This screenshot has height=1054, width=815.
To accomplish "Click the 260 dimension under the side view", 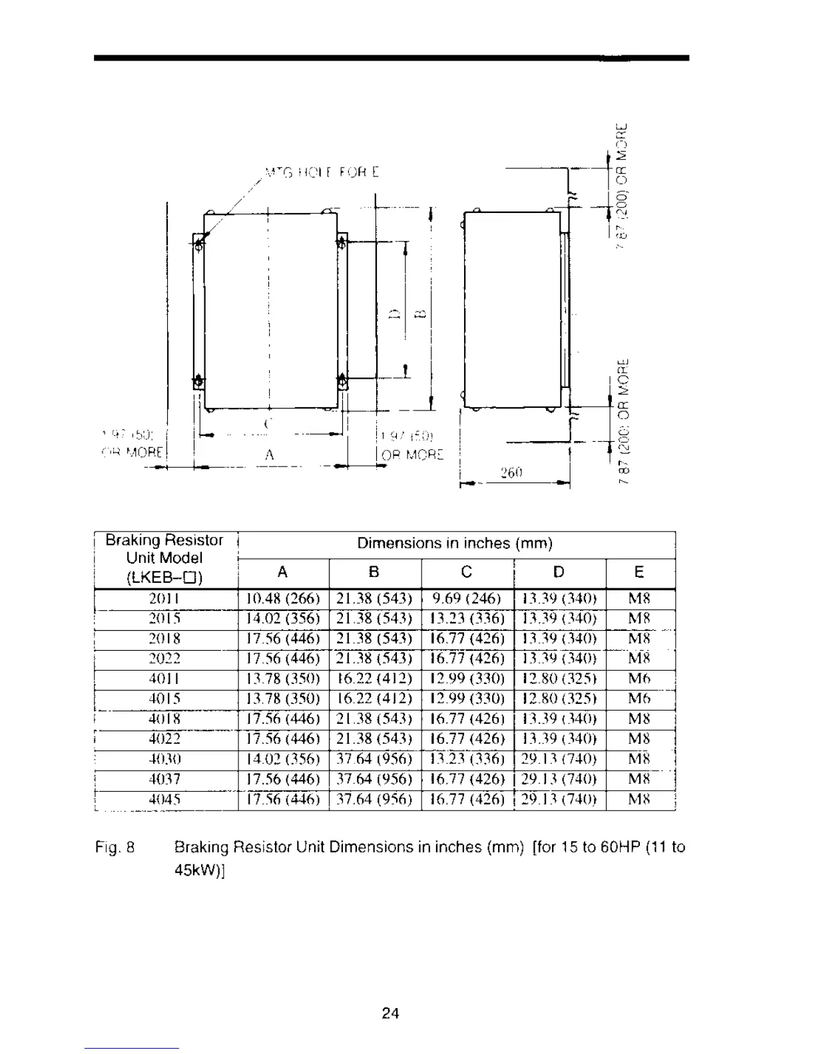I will tap(511, 472).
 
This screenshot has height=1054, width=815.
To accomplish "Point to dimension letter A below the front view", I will tap(269, 455).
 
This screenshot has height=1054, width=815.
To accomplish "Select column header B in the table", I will tap(374, 572).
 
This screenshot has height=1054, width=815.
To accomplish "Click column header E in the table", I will tap(639, 572).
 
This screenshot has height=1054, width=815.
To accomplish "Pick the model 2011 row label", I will tap(164, 599).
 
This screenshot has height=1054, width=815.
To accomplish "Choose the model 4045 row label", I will tap(164, 799).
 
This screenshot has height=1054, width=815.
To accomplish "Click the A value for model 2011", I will tap(283, 599).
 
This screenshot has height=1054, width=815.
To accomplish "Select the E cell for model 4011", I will tap(639, 679).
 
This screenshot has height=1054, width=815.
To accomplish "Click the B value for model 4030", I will tap(374, 759).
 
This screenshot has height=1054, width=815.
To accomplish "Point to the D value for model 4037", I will tap(559, 779).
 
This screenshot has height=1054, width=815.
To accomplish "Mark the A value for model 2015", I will tap(283, 619).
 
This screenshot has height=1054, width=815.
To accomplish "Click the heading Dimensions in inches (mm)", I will tap(455, 544).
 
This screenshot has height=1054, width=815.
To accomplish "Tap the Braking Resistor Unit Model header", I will tap(164, 558).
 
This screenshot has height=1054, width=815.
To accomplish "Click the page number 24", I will tap(391, 1013).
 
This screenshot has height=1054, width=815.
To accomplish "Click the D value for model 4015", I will tap(559, 699).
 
